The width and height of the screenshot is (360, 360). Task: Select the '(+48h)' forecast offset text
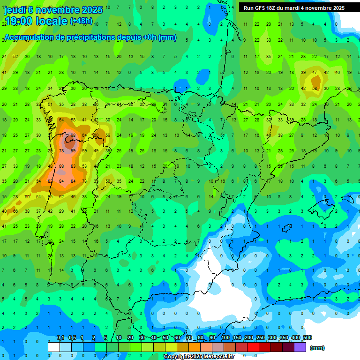81,21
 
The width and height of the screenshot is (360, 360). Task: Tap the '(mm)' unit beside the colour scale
317,348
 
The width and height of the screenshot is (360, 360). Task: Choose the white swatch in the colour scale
54,347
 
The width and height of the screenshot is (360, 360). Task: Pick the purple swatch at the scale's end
300,347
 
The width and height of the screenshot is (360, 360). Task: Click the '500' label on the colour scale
307,338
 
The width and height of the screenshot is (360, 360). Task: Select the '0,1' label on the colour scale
60,338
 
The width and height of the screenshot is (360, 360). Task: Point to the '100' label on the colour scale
225,338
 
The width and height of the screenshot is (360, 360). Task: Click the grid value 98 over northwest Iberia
73,135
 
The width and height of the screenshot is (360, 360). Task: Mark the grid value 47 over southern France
315,73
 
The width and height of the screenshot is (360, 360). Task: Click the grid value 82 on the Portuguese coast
50,181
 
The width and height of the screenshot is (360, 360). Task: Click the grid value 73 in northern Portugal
84,181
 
